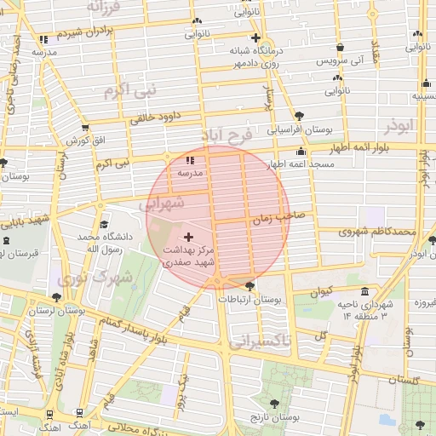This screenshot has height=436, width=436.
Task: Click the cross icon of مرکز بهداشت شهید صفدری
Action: point(188,235)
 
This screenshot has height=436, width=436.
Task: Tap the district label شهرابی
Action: point(159,204)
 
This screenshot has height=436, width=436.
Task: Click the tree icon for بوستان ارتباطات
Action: point(250,286)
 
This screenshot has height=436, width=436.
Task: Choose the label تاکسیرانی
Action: point(258,341)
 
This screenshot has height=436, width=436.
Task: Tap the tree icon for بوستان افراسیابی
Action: point(298,117)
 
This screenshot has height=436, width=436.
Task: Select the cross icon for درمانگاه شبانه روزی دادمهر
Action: point(255,38)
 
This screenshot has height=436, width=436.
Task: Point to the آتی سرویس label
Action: point(340,62)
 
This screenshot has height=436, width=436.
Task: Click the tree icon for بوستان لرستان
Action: point(56,297)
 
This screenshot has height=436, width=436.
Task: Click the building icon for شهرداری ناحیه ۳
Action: point(364,292)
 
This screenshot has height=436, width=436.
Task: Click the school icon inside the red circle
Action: point(189,159)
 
